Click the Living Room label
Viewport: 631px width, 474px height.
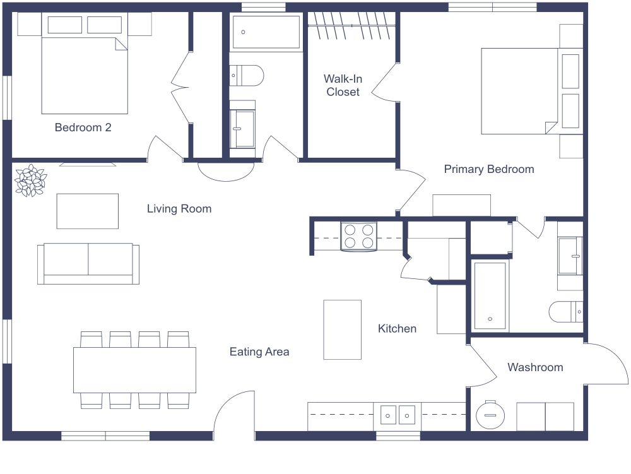179,209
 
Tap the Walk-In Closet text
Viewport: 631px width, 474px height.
342,85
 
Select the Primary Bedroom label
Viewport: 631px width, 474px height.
488,169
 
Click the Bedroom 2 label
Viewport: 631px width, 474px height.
83,127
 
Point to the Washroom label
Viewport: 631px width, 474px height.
535,367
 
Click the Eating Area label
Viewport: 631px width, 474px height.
259,352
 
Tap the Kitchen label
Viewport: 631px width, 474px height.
397,328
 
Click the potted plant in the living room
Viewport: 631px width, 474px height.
30,181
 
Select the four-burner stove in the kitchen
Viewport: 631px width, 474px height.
358,237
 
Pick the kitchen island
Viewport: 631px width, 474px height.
342,329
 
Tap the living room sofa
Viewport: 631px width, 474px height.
88,263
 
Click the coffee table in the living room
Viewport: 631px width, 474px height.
87,211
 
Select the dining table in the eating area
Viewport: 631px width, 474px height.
134,370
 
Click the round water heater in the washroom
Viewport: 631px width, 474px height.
489,415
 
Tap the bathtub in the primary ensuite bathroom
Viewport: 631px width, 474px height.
490,295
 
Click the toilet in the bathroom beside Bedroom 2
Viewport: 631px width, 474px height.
246,75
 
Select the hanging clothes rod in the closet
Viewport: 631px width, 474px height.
351,25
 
